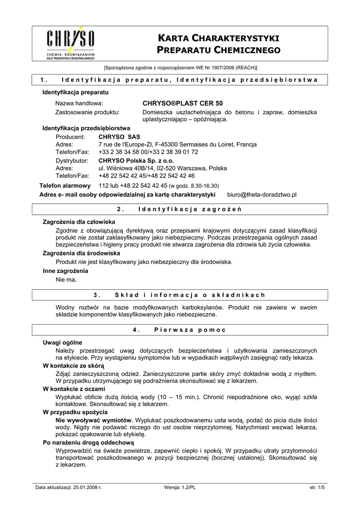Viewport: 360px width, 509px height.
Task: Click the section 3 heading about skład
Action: coord(180,295)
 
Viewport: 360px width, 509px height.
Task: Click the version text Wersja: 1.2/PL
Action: coord(180,488)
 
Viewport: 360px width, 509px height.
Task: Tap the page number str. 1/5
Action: coord(317,488)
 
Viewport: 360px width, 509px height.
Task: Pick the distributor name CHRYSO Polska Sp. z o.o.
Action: coord(136,161)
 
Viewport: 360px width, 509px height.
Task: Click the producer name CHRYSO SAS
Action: coord(119,137)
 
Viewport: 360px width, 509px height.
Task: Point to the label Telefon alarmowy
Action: coord(65,185)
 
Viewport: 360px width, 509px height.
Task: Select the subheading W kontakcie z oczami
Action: coord(74,389)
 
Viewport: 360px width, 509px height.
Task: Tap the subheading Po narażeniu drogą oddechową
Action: coord(88,442)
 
